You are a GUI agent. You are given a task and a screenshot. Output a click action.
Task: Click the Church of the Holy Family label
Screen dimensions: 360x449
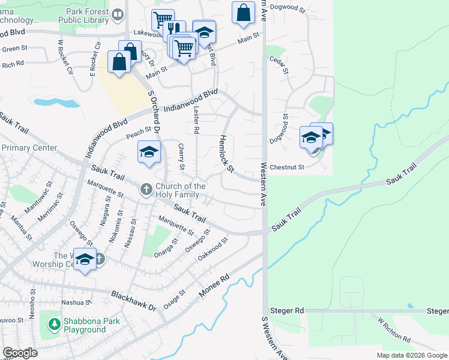180,190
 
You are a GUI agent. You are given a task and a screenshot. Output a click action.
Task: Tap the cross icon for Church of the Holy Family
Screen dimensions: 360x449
146,190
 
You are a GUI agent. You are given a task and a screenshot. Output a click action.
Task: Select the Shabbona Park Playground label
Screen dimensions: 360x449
85,325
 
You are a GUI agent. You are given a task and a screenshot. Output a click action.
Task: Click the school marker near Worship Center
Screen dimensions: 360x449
85,259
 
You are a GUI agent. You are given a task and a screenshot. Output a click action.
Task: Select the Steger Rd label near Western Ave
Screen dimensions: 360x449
287,310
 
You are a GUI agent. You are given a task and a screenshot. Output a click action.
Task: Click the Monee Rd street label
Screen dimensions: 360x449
214,286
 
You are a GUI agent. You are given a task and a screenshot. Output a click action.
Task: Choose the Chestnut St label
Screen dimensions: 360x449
287,167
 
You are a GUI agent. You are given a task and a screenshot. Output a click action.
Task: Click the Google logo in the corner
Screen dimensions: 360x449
20,352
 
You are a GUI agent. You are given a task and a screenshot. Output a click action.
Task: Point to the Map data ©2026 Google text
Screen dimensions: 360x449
411,355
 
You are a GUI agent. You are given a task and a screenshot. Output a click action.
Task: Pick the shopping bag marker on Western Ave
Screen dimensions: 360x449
243,13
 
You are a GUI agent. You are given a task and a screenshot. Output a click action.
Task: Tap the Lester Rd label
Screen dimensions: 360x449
196,120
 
